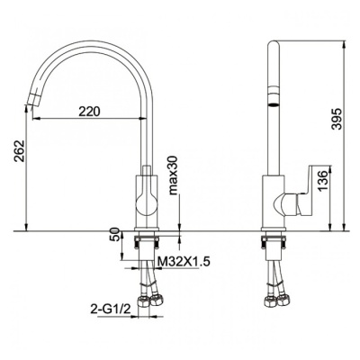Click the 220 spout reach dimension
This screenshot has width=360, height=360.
click(x=89, y=112)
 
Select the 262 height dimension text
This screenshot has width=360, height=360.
click(x=20, y=150)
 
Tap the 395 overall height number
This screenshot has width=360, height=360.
click(x=337, y=119)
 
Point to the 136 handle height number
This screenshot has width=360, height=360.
click(x=322, y=181)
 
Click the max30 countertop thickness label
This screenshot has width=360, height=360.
click(x=174, y=175)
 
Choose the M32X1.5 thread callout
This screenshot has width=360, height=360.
click(x=183, y=262)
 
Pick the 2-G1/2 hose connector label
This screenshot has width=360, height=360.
click(x=111, y=309)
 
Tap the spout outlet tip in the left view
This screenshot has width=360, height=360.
click(x=31, y=101)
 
